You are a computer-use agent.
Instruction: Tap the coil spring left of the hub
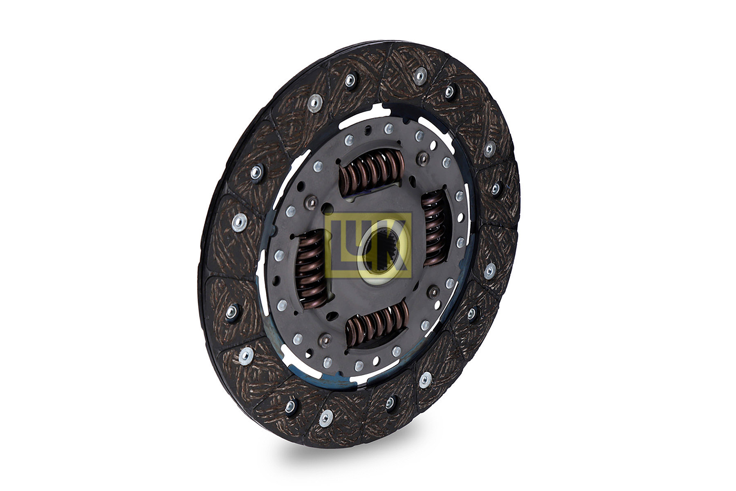click(x=312, y=268)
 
